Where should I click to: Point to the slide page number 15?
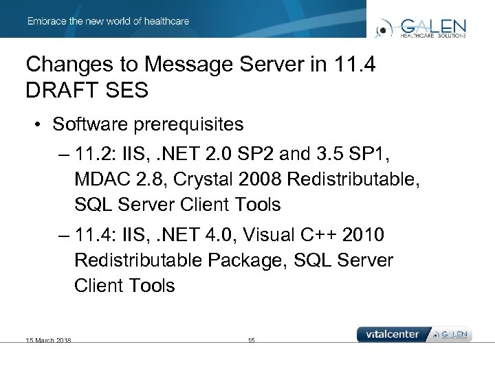coord(251,340)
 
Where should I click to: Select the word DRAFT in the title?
coord(56,90)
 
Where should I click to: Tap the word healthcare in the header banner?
coord(166,21)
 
